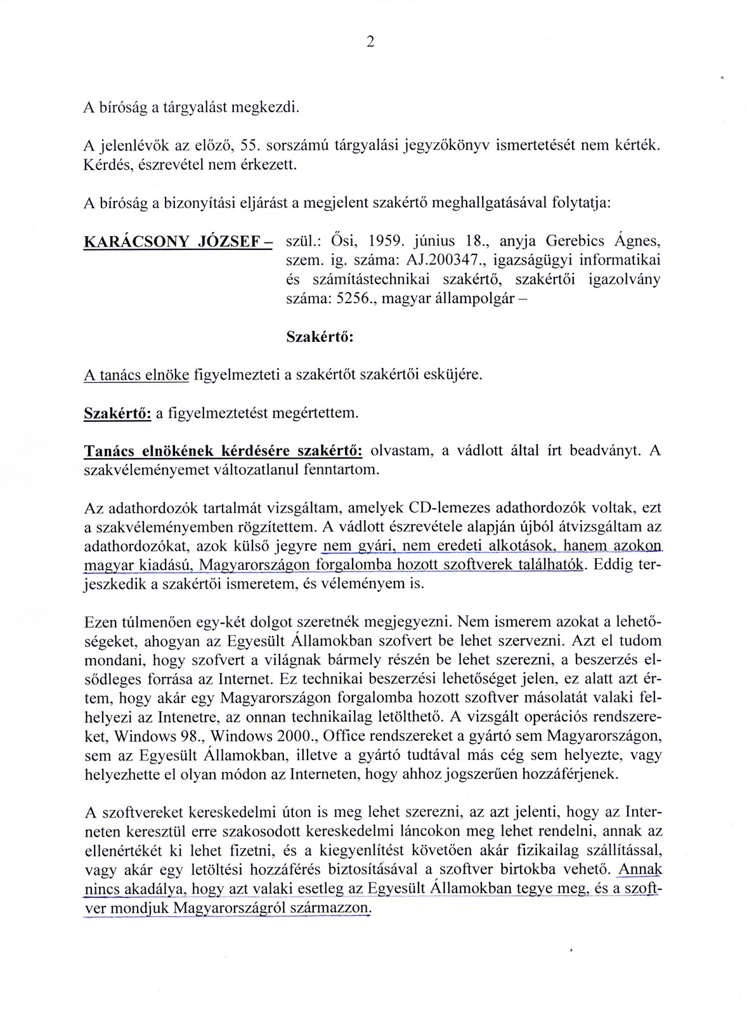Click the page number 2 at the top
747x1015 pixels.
point(370,42)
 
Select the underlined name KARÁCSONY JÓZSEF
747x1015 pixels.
point(174,242)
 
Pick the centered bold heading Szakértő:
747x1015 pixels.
point(320,337)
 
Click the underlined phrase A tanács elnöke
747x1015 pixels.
point(136,375)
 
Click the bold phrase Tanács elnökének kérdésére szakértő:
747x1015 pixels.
point(223,451)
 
